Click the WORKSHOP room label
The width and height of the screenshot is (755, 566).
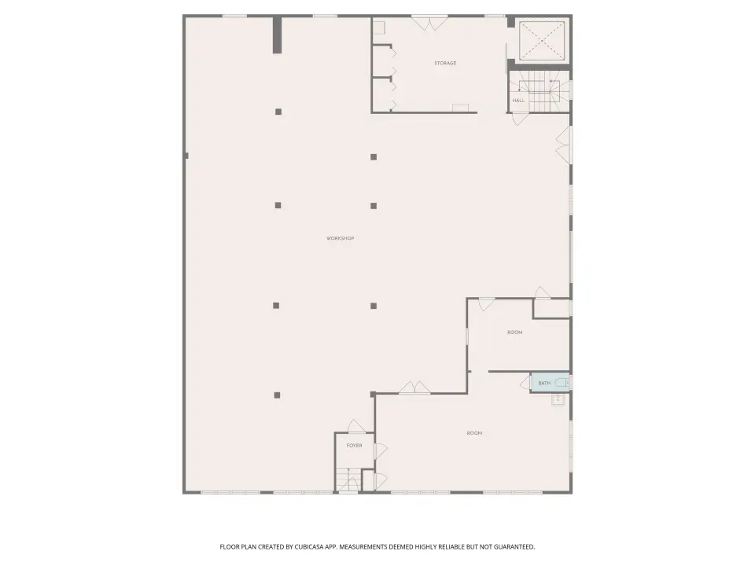[x=341, y=238]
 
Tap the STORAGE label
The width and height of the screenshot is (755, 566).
[x=445, y=63]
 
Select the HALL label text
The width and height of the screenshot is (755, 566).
[x=518, y=101]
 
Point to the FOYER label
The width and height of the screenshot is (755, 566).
[x=355, y=446]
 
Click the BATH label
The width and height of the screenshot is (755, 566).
[x=544, y=383]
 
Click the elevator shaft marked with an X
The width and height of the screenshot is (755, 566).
[x=542, y=41]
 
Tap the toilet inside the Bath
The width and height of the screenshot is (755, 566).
[x=562, y=383]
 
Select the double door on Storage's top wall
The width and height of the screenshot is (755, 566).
[x=429, y=23]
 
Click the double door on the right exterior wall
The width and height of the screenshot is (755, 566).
[x=563, y=145]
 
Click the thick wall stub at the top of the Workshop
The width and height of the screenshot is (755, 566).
[x=278, y=35]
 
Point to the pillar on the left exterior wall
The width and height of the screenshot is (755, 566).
[x=186, y=156]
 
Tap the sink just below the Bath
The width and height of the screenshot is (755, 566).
[x=558, y=399]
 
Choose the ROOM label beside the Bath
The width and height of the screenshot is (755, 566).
[x=514, y=333]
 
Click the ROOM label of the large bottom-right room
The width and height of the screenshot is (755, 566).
[x=474, y=433]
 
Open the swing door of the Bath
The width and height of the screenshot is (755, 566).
[x=525, y=383]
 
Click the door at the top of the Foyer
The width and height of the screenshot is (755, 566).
[x=357, y=426]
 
